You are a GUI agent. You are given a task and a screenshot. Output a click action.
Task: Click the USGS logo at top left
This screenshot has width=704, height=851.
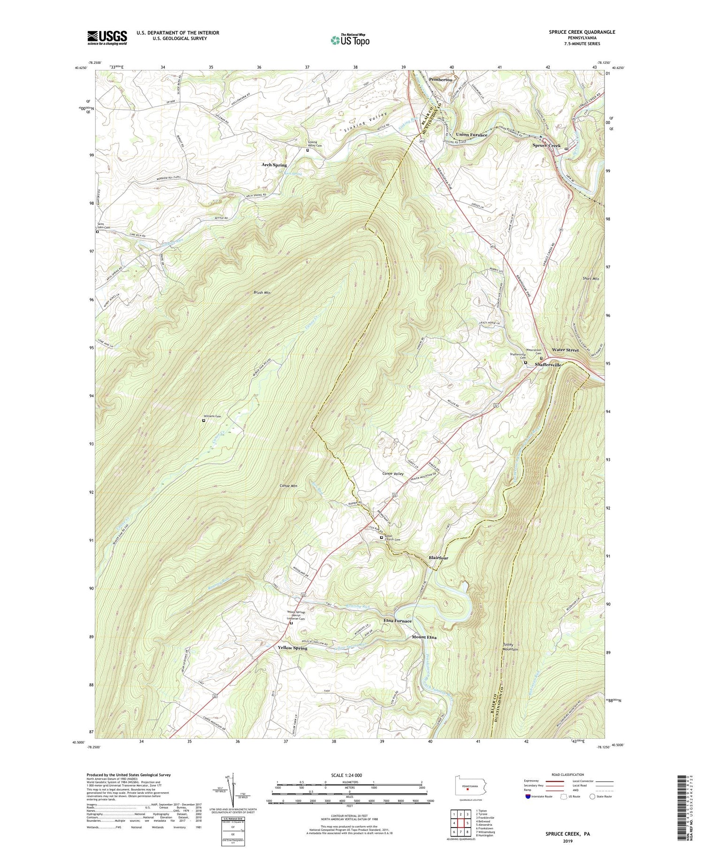tap(107, 38)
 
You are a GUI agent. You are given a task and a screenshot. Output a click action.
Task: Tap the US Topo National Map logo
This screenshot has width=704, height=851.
tap(350, 40)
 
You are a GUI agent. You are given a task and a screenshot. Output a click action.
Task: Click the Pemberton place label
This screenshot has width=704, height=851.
tap(439, 80)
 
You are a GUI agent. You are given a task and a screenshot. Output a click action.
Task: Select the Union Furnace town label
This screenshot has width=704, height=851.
tap(471, 135)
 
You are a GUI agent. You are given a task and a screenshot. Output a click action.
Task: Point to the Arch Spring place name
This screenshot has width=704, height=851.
tap(274, 165)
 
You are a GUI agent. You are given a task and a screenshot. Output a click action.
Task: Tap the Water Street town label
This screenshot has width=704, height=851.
tap(565, 350)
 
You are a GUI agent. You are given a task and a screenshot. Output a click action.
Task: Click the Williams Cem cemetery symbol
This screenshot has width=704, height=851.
tap(204, 421)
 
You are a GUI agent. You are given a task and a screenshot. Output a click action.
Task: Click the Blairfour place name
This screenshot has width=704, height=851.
tap(438, 558)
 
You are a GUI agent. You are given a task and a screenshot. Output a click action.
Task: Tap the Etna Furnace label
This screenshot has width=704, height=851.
tap(397, 621)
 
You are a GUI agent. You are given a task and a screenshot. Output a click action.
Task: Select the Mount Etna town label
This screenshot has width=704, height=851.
tap(424, 637)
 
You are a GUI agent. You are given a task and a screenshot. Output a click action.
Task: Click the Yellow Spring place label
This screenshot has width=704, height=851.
tap(292, 648)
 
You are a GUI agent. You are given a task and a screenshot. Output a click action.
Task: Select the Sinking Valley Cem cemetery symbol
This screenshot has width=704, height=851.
tap(308, 151)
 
